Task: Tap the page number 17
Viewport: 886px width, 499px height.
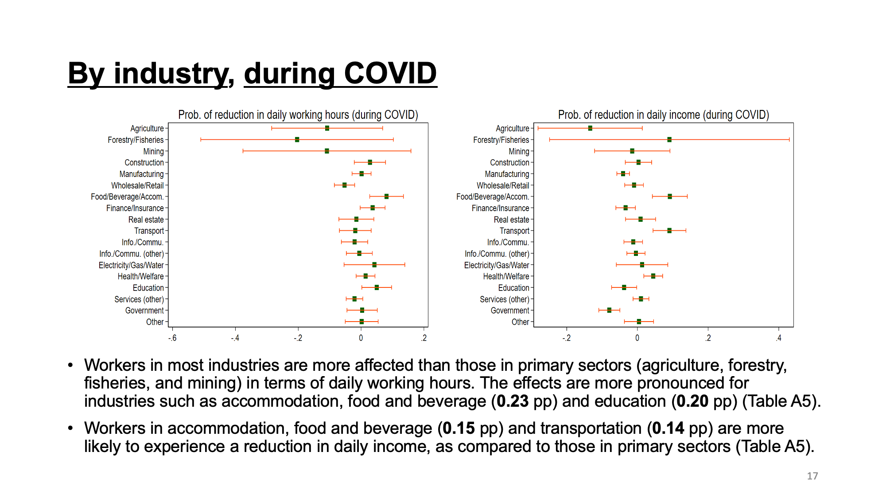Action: coord(812,476)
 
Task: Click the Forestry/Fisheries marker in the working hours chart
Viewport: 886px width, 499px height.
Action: coord(297,140)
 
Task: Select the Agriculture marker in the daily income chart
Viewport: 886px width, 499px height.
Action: coord(590,128)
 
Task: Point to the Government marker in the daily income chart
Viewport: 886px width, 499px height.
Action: coord(609,310)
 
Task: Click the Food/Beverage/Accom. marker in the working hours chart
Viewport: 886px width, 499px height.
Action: coord(386,196)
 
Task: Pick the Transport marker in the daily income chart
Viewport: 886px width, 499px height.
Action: coord(669,231)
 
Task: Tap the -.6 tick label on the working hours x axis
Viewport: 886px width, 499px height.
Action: coord(172,338)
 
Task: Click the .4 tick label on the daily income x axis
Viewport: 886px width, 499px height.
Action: coord(778,338)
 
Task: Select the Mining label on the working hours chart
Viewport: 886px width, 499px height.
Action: coord(153,151)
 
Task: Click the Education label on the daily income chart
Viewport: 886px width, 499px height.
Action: coord(513,288)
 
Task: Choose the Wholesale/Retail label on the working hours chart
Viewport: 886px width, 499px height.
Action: coord(137,185)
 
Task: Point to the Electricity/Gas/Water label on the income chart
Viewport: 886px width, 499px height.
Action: coord(497,265)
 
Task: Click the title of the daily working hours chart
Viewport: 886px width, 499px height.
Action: coord(298,115)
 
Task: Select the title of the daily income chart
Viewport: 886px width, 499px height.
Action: coord(664,115)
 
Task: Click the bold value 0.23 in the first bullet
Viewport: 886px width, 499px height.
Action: coord(513,401)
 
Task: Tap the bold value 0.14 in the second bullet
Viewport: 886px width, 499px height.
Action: coord(668,428)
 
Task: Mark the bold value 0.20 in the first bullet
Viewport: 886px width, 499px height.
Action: coord(692,401)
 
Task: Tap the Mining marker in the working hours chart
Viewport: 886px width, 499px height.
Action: coord(327,151)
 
